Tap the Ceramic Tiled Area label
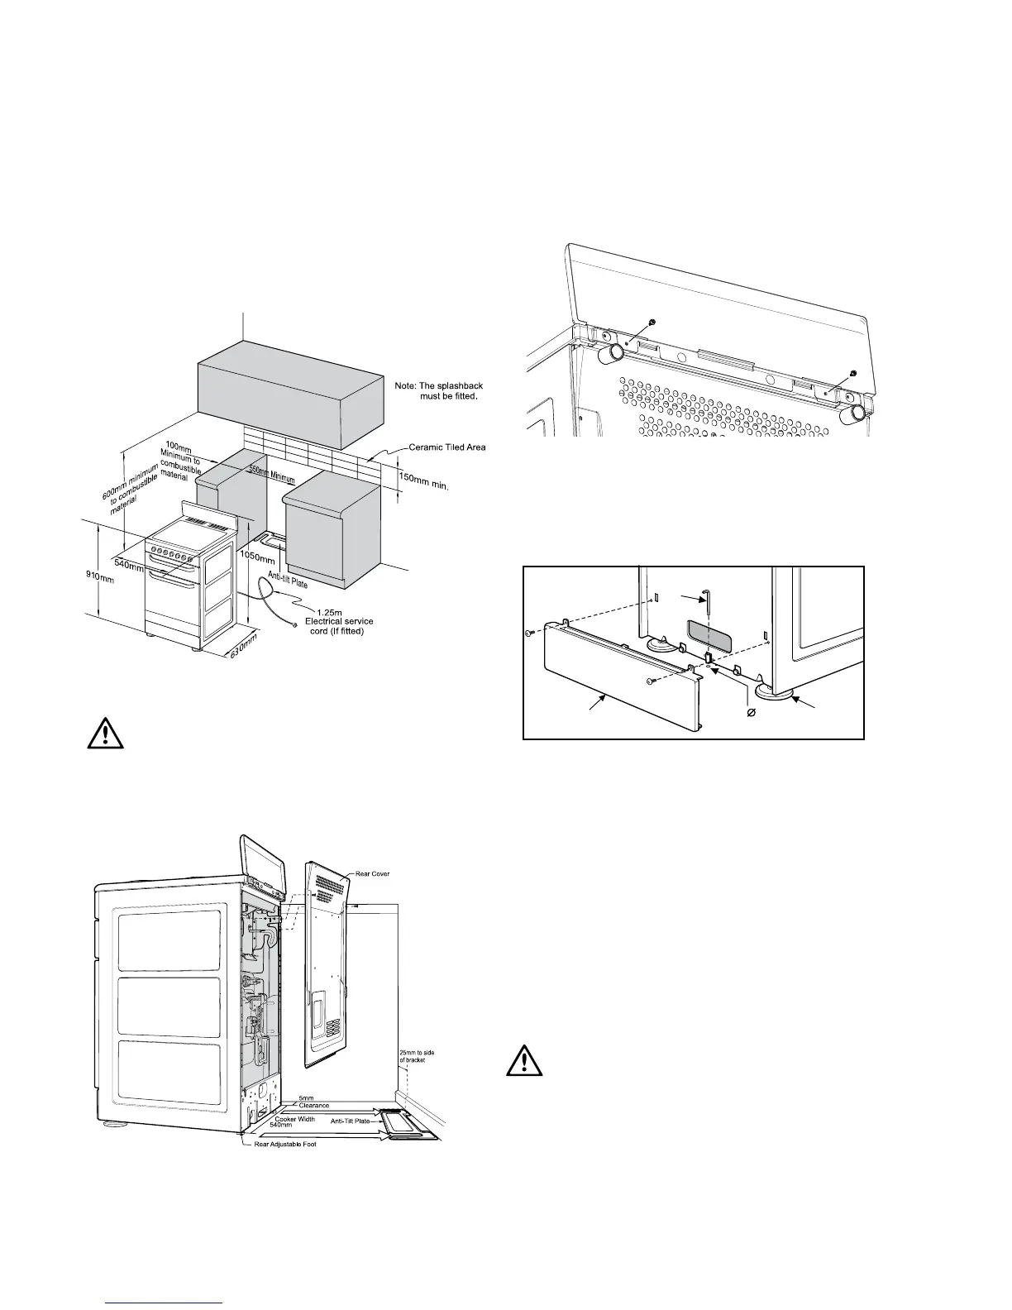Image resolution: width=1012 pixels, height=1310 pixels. point(447,447)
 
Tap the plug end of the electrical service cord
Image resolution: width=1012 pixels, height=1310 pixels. point(295,621)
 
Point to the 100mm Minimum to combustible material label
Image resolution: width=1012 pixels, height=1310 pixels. point(183,461)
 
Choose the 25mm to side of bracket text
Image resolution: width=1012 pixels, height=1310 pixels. point(412,1055)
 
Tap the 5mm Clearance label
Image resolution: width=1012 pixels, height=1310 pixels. point(313,1102)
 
